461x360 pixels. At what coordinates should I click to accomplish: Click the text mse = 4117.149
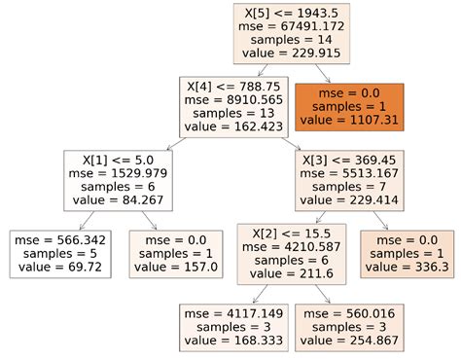(x=231, y=314)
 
